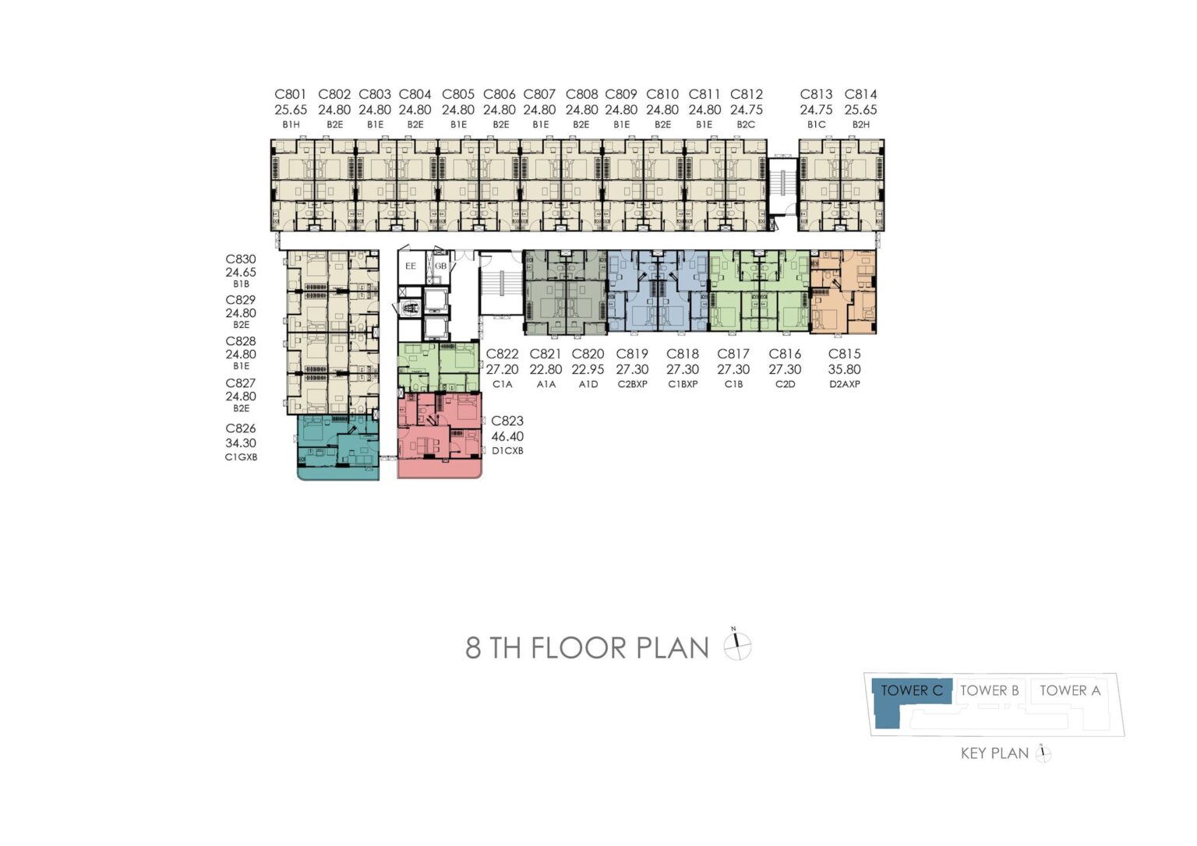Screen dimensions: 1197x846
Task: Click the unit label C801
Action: (x=291, y=94)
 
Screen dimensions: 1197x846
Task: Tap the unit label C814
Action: (x=860, y=94)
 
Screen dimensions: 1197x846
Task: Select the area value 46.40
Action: (x=507, y=436)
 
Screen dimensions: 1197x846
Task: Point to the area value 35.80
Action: (x=844, y=369)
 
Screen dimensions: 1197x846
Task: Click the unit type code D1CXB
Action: (x=507, y=451)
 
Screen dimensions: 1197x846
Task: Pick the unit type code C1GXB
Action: (x=241, y=457)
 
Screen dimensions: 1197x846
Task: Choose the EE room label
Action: (x=411, y=266)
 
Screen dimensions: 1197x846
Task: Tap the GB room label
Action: (x=440, y=266)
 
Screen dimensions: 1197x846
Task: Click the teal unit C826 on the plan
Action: (x=337, y=448)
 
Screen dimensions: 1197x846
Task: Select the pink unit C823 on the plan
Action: (x=440, y=435)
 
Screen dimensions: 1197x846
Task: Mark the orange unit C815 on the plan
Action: (x=842, y=292)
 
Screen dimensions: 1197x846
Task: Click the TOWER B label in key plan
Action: (x=989, y=690)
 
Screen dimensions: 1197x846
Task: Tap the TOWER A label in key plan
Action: (x=1070, y=690)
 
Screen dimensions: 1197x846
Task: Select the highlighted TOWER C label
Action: (x=912, y=690)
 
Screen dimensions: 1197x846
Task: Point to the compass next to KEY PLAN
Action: (x=1043, y=753)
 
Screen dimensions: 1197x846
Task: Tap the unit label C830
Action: (x=241, y=259)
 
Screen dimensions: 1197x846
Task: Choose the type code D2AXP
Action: (x=844, y=384)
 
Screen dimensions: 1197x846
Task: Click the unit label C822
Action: (x=502, y=354)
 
